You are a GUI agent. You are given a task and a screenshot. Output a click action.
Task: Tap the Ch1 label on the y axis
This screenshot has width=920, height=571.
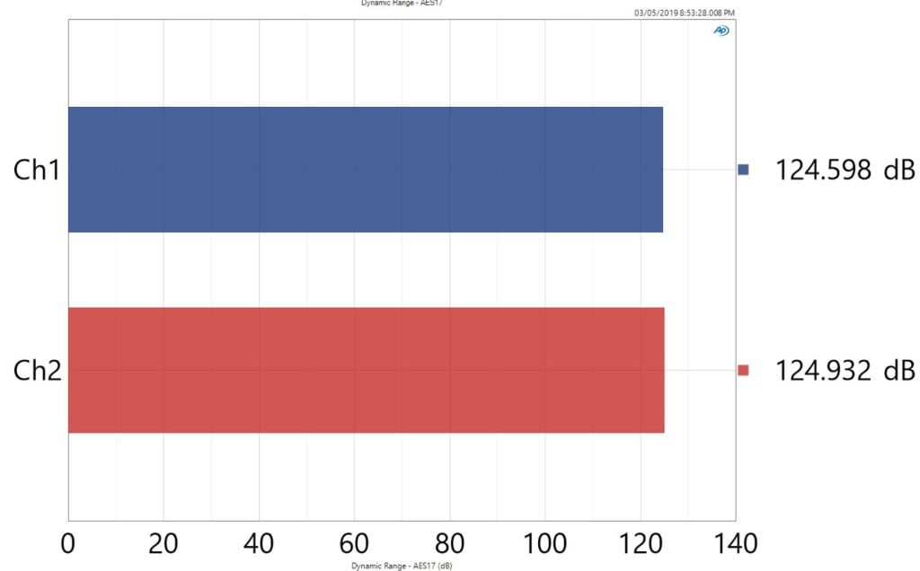36,170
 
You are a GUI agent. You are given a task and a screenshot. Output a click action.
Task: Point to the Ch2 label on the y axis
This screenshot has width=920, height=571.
37,370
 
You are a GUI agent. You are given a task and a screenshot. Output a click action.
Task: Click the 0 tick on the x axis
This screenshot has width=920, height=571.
68,543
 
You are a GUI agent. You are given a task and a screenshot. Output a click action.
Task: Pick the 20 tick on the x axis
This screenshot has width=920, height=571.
164,543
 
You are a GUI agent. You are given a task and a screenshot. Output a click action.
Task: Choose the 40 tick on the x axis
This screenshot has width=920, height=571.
259,543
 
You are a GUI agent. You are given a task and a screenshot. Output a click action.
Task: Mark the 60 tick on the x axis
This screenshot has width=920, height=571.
354,543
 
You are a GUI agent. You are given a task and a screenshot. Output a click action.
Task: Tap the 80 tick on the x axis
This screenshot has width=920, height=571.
449,543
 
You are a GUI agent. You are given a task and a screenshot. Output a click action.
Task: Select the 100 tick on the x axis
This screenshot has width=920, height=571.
544,543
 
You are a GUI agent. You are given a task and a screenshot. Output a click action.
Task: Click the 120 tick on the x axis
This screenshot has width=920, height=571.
640,543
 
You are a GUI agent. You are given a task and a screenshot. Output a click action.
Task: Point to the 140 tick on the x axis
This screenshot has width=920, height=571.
735,543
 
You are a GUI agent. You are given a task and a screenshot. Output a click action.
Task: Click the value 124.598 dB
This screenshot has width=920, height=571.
845,170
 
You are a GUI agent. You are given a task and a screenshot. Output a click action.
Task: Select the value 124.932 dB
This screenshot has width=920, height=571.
845,370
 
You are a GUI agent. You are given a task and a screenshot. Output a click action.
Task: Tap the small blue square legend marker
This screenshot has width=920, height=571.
743,170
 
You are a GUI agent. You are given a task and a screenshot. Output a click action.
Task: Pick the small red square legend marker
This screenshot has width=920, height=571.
743,370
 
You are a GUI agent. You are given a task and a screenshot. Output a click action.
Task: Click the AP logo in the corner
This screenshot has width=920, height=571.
721,31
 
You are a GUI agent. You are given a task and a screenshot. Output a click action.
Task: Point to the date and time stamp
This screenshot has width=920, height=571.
685,13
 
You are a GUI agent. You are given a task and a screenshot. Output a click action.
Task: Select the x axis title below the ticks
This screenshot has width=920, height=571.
401,567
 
